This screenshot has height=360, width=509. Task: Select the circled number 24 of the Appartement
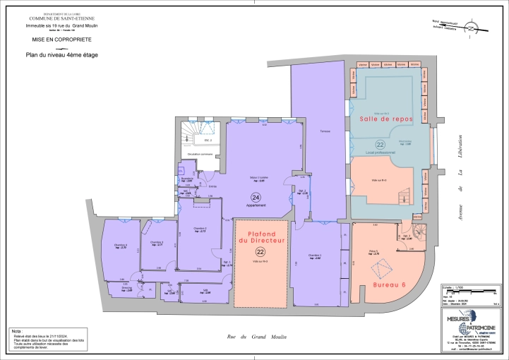256,197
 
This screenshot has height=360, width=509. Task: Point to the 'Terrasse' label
324,132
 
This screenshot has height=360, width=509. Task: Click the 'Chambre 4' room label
119,245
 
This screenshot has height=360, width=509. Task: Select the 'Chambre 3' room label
157,242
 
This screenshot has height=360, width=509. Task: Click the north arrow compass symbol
467,27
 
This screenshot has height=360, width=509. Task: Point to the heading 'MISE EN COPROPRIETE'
52,41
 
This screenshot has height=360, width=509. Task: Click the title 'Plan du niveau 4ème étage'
61,54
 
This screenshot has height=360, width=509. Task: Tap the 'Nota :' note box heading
16,330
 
